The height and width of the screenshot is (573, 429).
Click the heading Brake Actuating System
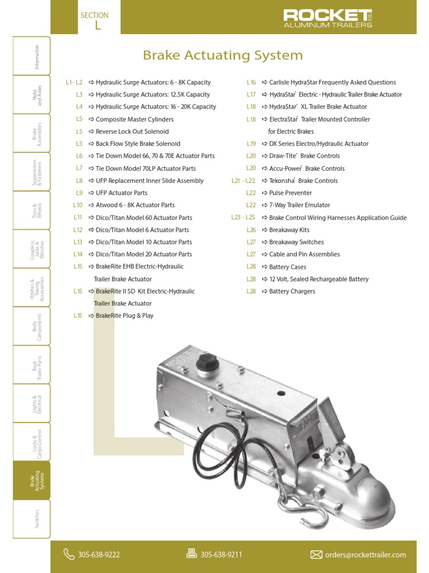coord(223,55)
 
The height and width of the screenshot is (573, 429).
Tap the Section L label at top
coord(94,20)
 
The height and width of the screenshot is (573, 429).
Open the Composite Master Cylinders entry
coord(134,119)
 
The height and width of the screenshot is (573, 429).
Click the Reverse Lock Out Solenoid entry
coord(132,131)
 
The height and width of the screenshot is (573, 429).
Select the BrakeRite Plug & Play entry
coord(124,316)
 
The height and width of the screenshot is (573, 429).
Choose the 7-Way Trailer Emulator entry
coord(299,205)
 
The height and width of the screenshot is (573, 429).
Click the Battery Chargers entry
coord(292,292)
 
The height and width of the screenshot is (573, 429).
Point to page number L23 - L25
coord(243,218)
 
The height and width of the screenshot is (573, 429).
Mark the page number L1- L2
coord(74,82)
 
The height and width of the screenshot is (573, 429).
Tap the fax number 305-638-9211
coord(221,555)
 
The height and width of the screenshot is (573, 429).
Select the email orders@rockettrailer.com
coord(365,555)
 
